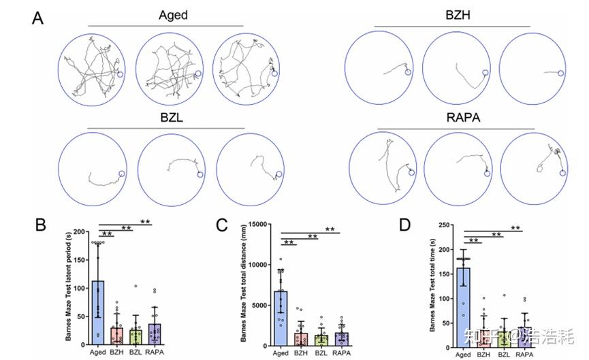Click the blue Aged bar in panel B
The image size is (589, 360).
click(x=98, y=313)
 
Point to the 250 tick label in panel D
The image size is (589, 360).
click(x=446, y=225)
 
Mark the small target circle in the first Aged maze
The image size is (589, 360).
click(x=121, y=75)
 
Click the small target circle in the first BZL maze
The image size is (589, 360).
click(x=123, y=174)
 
